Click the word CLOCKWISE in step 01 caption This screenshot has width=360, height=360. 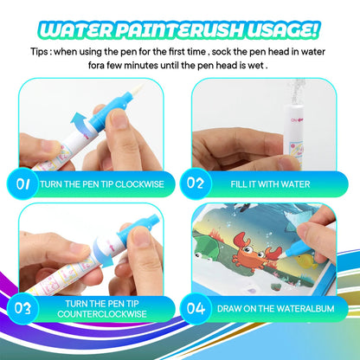coord(143,183)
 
